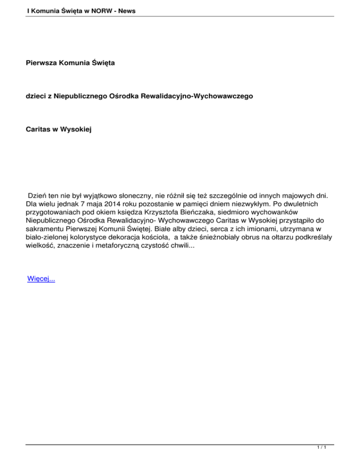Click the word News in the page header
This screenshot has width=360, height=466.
pos(125,9)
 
